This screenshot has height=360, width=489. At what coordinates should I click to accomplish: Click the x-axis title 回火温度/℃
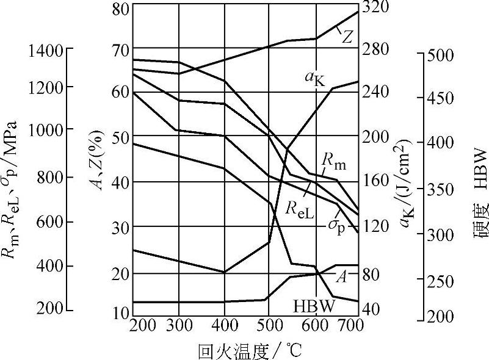250,351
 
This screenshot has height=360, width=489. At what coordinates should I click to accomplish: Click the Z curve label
347,37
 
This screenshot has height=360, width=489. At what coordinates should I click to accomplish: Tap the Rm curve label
333,162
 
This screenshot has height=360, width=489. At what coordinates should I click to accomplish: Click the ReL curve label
299,209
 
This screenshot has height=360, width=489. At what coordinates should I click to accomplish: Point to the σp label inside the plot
336,226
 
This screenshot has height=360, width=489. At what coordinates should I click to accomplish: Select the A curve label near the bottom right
341,277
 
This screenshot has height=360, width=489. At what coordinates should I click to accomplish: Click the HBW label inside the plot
314,306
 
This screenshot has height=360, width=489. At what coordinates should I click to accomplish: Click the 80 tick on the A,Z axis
121,9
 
